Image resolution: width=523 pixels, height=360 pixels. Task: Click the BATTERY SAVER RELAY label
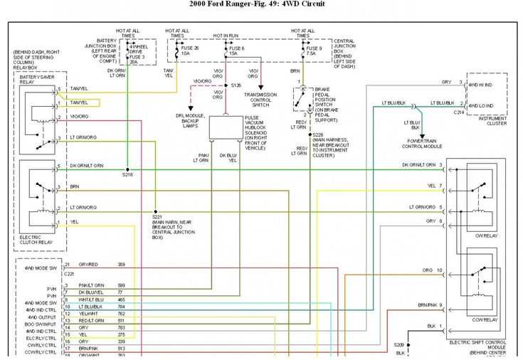coord(33,80)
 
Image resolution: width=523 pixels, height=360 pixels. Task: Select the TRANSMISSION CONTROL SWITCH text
coord(262,99)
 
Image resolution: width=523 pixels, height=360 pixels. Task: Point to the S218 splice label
coord(127,174)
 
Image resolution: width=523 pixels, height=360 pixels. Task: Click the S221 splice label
coord(158,216)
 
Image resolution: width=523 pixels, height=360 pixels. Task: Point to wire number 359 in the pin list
coord(121,265)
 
